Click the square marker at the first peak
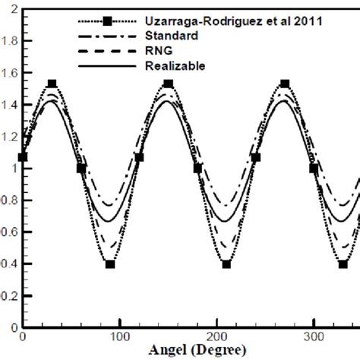52,84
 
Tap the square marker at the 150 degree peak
168,84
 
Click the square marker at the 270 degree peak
285,84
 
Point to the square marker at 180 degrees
197,169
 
